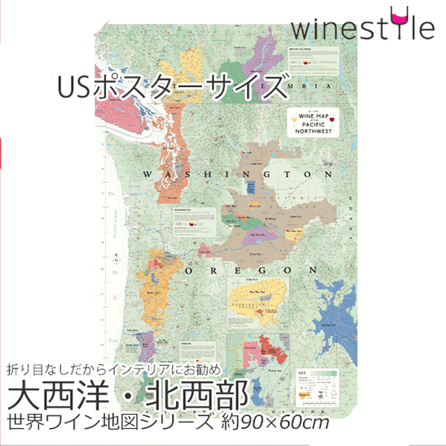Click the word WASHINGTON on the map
coord(241,174)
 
